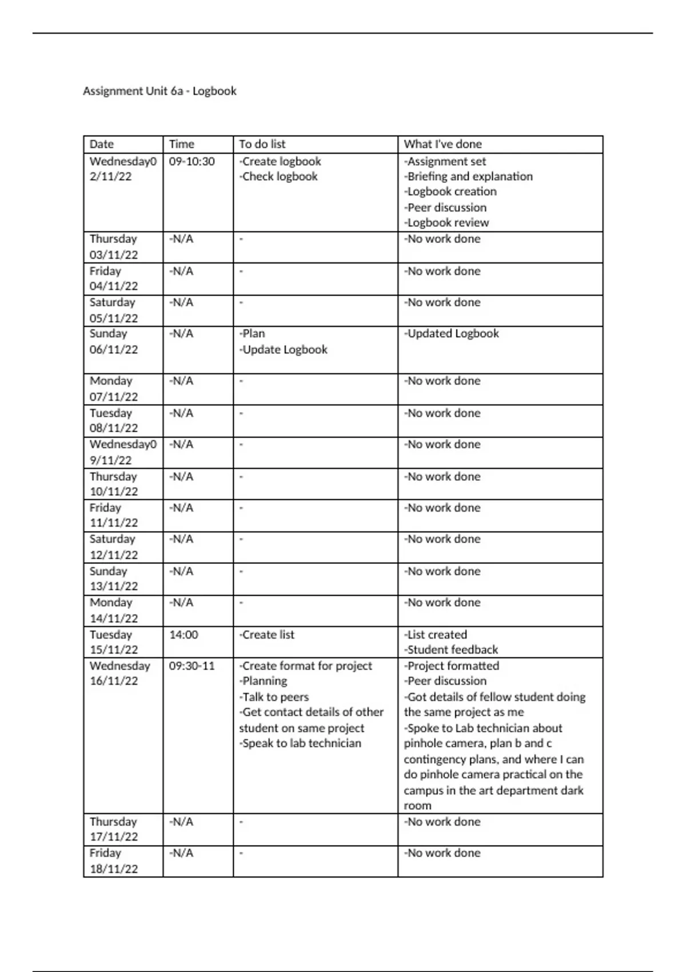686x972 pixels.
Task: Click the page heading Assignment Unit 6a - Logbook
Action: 159,91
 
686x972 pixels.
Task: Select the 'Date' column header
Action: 102,144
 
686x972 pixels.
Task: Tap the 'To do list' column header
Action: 262,144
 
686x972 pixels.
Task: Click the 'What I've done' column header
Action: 442,144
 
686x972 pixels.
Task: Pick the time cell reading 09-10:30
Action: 192,162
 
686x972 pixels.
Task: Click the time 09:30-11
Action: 192,666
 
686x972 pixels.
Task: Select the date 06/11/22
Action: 114,349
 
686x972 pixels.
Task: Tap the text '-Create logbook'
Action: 280,162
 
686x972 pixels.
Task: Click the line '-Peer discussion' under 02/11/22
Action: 445,208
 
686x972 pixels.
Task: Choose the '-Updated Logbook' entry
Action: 452,333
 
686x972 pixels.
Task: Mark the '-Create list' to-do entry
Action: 267,635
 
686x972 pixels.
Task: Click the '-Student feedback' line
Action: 451,650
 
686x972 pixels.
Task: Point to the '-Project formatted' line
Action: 452,666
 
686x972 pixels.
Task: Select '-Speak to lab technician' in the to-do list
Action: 300,743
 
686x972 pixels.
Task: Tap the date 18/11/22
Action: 114,869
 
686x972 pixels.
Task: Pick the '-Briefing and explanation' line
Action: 468,177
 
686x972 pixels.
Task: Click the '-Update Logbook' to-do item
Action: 284,349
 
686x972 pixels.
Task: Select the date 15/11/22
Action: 114,650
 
